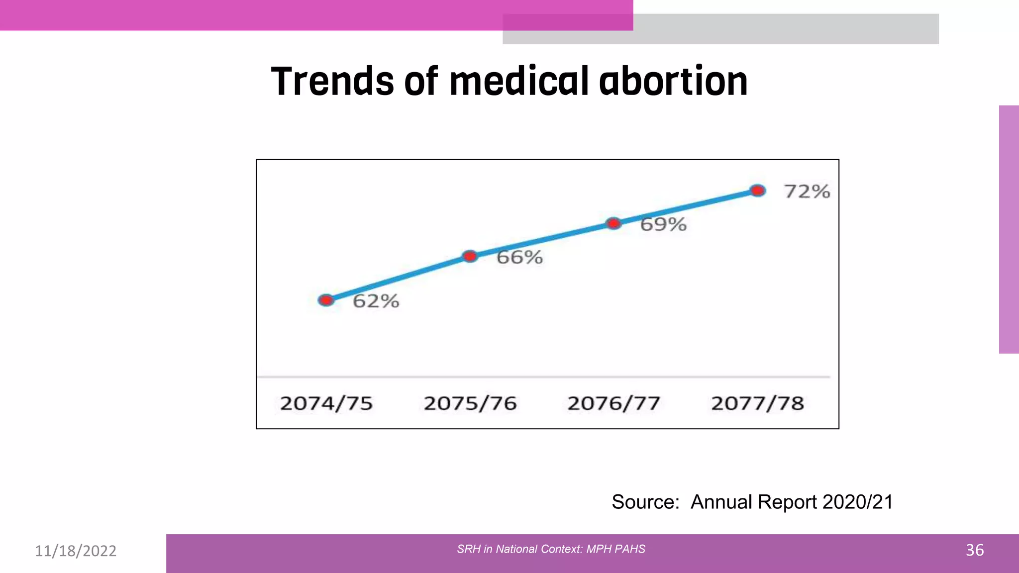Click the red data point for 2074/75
[326, 300]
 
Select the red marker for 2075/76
[470, 256]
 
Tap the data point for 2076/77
[614, 223]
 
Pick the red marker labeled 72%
[757, 191]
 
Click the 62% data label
[376, 301]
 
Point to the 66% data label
[519, 257]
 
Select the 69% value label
[663, 224]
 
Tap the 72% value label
[807, 191]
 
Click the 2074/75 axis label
[326, 403]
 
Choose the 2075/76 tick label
[470, 403]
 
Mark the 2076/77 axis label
[614, 403]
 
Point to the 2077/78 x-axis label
[757, 403]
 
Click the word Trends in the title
[333, 82]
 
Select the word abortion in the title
[673, 82]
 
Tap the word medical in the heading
[519, 82]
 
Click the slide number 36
[974, 550]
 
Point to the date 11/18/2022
[76, 551]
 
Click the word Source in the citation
[645, 502]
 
